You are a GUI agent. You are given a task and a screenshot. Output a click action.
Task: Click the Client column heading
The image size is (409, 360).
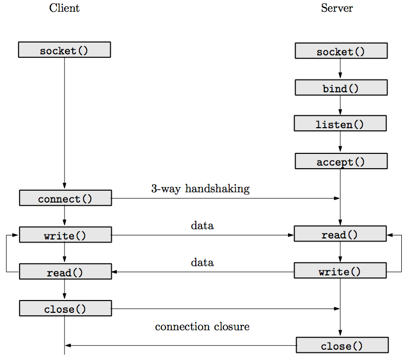[64, 8]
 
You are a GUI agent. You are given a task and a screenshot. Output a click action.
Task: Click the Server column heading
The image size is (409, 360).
[337, 8]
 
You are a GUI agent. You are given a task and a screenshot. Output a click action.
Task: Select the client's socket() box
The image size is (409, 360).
[64, 50]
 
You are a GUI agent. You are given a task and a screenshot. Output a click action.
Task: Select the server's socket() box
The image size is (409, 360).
[341, 51]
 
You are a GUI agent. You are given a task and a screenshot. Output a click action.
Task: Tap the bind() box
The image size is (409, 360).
[341, 88]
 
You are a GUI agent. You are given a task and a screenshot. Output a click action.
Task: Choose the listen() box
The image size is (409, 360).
[340, 124]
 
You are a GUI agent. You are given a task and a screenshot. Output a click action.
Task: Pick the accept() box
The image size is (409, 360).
[341, 162]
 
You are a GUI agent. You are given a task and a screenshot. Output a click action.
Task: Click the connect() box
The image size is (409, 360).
[65, 198]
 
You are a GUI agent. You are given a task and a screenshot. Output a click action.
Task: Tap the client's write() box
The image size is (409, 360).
[65, 235]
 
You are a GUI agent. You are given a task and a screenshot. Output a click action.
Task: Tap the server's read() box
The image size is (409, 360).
[340, 234]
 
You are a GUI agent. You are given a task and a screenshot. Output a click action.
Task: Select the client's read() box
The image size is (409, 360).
[65, 272]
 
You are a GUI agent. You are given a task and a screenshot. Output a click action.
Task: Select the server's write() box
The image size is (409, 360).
[340, 271]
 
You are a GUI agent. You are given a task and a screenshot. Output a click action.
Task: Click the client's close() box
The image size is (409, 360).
[65, 309]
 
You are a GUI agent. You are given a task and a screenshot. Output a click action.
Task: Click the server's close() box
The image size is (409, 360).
[342, 346]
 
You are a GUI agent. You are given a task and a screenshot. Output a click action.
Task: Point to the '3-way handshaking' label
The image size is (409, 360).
[200, 189]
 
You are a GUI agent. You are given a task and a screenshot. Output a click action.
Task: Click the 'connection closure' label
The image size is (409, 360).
[202, 327]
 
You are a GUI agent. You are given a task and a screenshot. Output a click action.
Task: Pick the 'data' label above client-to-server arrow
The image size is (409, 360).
[202, 225]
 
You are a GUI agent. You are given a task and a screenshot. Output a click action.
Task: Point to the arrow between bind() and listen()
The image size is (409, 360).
[340, 106]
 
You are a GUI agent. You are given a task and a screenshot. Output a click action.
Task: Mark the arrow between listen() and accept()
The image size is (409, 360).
[340, 142]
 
